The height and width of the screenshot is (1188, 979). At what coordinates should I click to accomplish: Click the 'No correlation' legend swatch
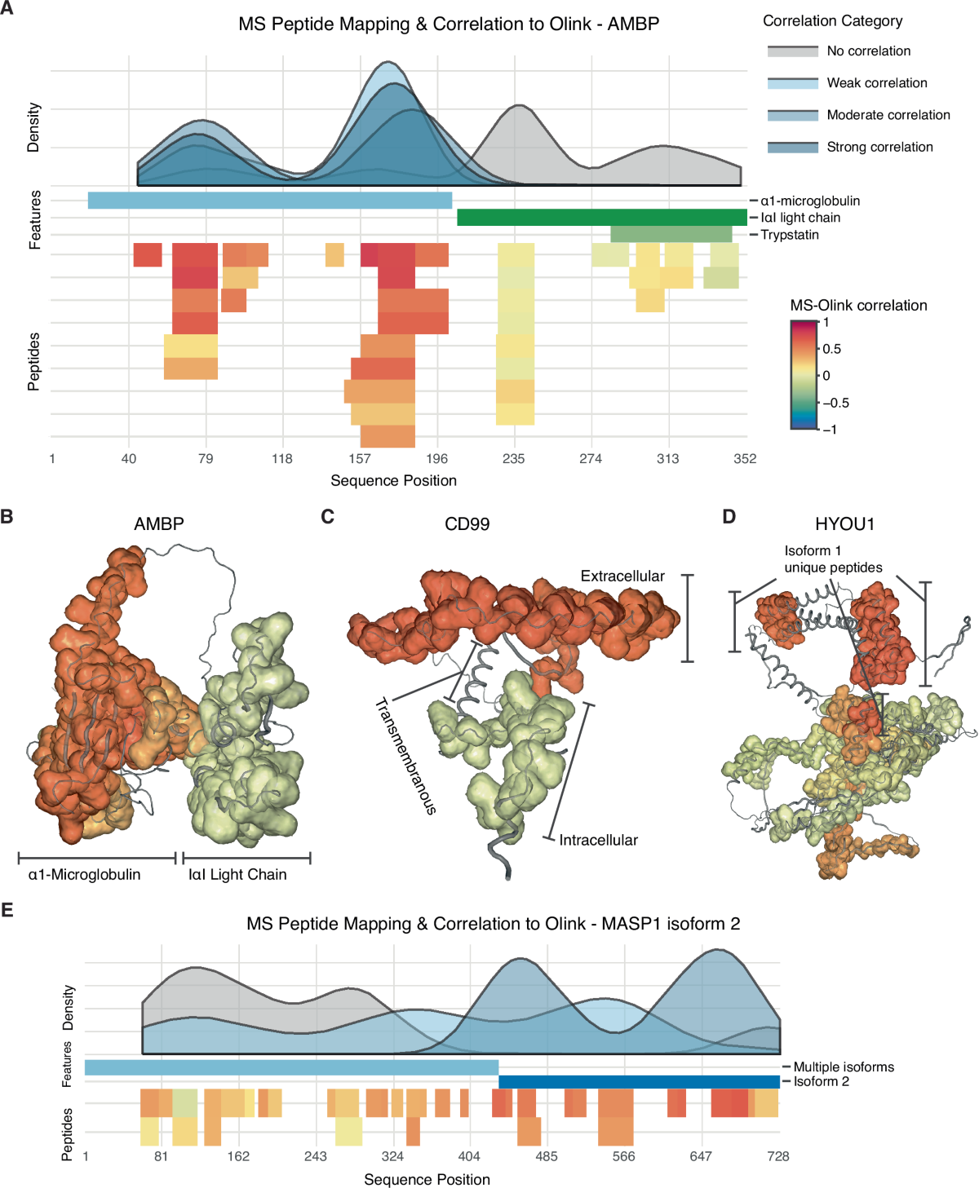(792, 51)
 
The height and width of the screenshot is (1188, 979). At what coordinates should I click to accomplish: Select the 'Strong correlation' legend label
(879, 148)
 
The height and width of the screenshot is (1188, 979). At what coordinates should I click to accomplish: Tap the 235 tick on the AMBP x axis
(514, 459)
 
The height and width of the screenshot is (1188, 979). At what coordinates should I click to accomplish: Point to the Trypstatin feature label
(789, 235)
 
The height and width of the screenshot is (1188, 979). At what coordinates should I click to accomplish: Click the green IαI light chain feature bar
(601, 217)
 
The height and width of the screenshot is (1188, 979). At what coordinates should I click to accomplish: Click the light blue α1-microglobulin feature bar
(269, 201)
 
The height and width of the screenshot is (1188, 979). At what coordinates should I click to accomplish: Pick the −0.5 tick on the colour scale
(835, 403)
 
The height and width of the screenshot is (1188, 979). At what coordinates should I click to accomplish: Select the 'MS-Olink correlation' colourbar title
(858, 306)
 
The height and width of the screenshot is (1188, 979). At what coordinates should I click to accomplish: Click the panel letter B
(7, 517)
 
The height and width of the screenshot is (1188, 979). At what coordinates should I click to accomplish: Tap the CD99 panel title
(467, 524)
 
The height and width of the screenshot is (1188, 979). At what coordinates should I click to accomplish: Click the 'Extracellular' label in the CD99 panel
(622, 576)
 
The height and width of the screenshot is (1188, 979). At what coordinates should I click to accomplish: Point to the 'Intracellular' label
(598, 841)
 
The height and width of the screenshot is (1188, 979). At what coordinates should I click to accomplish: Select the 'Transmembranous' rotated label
(405, 756)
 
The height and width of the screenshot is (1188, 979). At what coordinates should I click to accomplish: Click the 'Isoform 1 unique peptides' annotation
(833, 559)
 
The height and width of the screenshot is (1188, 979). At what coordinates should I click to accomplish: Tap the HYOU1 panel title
(844, 524)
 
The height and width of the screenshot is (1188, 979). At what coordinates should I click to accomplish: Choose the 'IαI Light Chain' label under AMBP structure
(237, 875)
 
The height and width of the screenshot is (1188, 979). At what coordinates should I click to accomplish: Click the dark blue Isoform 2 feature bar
(639, 1082)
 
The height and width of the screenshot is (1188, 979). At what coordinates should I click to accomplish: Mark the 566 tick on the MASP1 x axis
(624, 1156)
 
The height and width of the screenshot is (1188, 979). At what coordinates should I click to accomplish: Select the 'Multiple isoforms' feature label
(844, 1067)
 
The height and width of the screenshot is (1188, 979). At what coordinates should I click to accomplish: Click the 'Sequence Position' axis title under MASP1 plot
(427, 1180)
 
